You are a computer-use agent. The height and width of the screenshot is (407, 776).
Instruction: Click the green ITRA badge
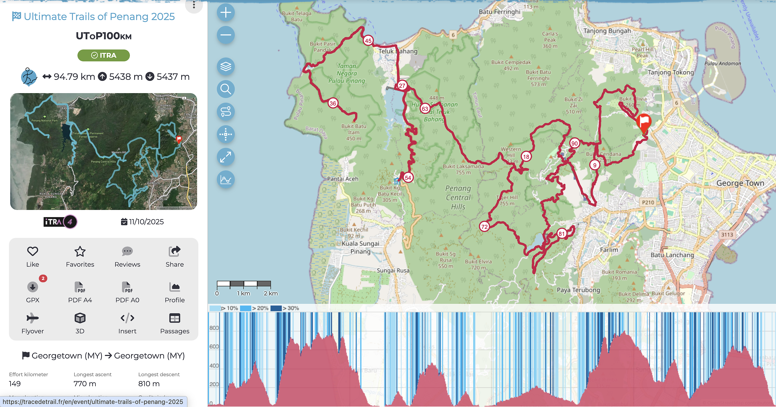[x=103, y=55]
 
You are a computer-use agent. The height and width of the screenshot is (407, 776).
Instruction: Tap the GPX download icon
[x=33, y=287]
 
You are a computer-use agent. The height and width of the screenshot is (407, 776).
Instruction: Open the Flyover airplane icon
[x=33, y=318]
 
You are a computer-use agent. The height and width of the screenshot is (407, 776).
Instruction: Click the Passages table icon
[x=175, y=318]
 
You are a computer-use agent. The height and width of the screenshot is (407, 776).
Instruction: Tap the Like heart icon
[x=33, y=251]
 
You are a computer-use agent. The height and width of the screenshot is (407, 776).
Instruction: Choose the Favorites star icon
[x=80, y=251]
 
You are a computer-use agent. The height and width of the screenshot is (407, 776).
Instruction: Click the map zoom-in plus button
[x=226, y=13]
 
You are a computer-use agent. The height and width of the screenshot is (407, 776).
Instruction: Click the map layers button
[x=226, y=66]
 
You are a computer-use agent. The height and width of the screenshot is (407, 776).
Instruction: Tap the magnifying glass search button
[x=226, y=89]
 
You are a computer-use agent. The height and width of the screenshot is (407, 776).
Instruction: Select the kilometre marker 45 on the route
[x=368, y=41]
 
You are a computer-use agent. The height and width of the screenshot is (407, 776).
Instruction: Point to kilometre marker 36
[x=333, y=103]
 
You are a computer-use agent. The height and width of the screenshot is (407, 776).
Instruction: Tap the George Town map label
[x=740, y=183]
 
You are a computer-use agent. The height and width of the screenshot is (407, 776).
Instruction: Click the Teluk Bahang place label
[x=398, y=51]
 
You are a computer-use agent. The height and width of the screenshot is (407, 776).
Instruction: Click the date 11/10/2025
[x=146, y=222]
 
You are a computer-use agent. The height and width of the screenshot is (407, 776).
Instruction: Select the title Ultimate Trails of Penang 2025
[x=99, y=17]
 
